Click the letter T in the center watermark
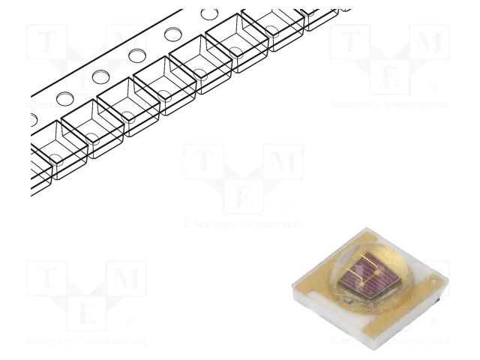[204, 161]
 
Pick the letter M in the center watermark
[282, 161]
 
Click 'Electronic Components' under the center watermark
[243, 223]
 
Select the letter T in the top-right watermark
[351, 42]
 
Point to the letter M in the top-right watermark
[429, 42]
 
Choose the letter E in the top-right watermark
[390, 77]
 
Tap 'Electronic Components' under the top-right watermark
[390, 104]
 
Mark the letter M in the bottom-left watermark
[126, 279]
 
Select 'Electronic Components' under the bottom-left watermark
[87, 341]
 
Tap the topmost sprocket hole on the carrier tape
[209, 13]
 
